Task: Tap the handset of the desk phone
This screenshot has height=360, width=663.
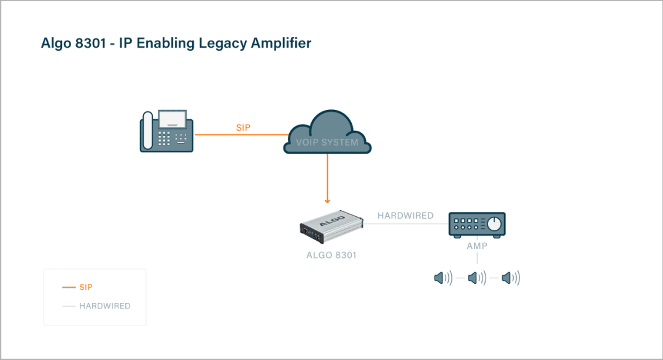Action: pyautogui.click(x=147, y=131)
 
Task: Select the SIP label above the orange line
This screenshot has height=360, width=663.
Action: pyautogui.click(x=243, y=128)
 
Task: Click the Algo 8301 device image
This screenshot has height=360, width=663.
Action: pyautogui.click(x=330, y=225)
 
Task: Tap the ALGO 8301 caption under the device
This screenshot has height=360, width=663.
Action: pyautogui.click(x=331, y=255)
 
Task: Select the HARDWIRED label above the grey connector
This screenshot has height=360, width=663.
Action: pyautogui.click(x=405, y=216)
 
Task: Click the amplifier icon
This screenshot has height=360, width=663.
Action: pyautogui.click(x=477, y=225)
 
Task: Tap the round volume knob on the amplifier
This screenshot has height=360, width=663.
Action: pyautogui.click(x=495, y=223)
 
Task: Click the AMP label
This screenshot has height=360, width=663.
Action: pyautogui.click(x=477, y=246)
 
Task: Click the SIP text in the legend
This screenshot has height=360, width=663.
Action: pyautogui.click(x=86, y=288)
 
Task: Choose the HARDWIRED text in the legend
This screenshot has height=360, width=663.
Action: pyautogui.click(x=105, y=306)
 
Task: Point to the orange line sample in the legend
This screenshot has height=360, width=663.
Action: pyautogui.click(x=69, y=288)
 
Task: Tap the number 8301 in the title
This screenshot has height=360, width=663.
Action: pyautogui.click(x=87, y=43)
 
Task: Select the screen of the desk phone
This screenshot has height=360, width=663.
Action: pyautogui.click(x=173, y=118)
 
